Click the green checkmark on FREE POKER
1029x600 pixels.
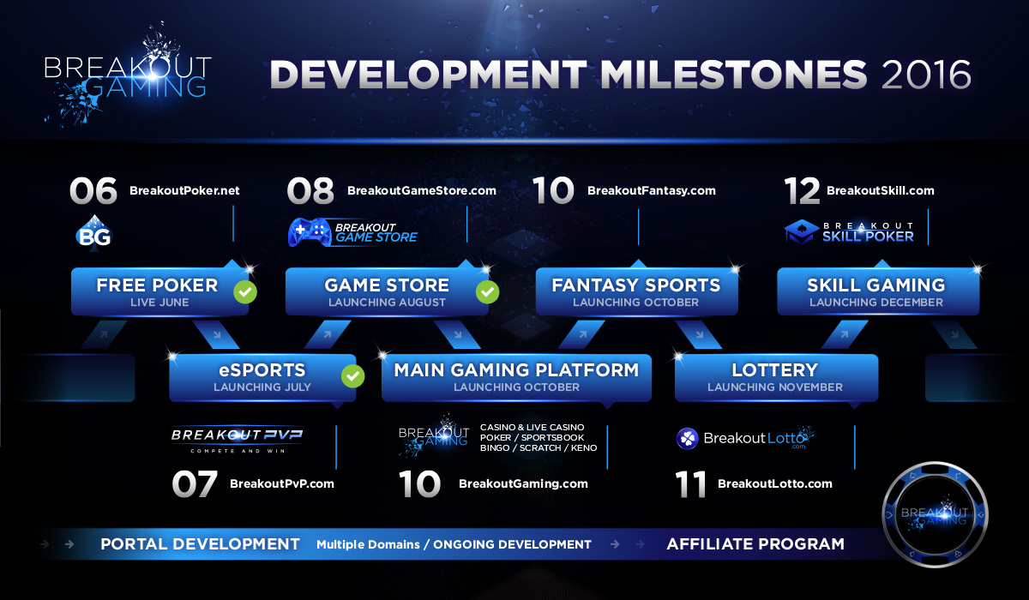[245, 291]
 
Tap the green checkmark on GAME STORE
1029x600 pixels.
[487, 291]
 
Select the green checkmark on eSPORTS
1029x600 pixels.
[352, 376]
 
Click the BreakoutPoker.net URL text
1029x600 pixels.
[184, 190]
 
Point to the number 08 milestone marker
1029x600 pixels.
[310, 190]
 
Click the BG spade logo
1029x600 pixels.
[93, 233]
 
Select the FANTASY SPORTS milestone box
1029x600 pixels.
[636, 291]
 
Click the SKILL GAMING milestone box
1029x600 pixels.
[878, 291]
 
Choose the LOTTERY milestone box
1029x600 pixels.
[776, 377]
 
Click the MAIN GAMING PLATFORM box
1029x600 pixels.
[516, 377]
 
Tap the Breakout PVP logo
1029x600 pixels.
[237, 440]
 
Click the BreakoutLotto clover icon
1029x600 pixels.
[687, 438]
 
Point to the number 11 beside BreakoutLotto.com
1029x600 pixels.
[690, 483]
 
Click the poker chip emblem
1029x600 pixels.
[935, 514]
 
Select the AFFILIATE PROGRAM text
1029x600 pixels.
[755, 544]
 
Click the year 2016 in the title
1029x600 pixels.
[925, 75]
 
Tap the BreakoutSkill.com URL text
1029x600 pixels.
[880, 190]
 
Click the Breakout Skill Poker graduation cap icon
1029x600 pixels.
[802, 231]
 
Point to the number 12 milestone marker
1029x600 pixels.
[802, 190]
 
